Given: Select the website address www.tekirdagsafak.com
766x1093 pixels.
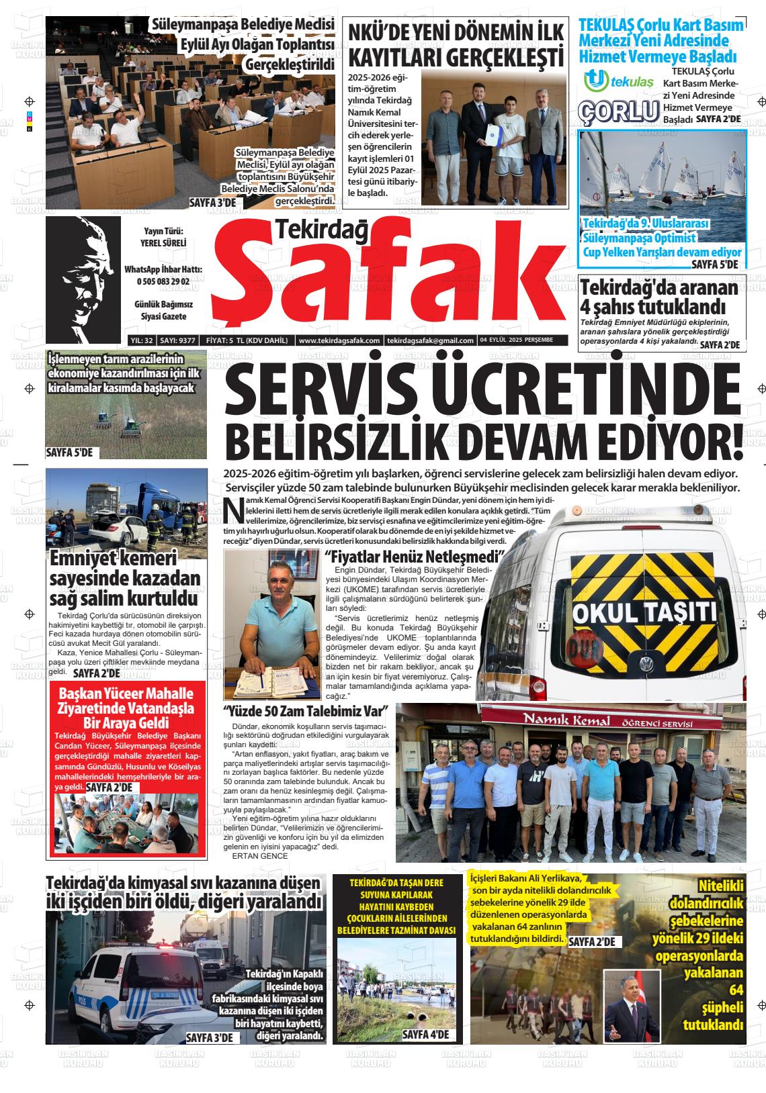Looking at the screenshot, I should click(339, 340).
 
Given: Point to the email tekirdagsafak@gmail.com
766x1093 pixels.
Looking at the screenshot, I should click(431, 340).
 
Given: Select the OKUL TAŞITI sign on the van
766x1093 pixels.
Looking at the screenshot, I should click(644, 612).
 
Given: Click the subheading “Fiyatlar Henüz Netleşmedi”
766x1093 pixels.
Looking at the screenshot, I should click(414, 557).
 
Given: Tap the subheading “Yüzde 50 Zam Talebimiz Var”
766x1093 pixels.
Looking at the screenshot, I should click(307, 711).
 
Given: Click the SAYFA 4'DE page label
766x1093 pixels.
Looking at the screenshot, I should click(425, 1035).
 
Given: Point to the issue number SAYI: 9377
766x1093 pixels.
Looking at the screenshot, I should click(177, 340).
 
